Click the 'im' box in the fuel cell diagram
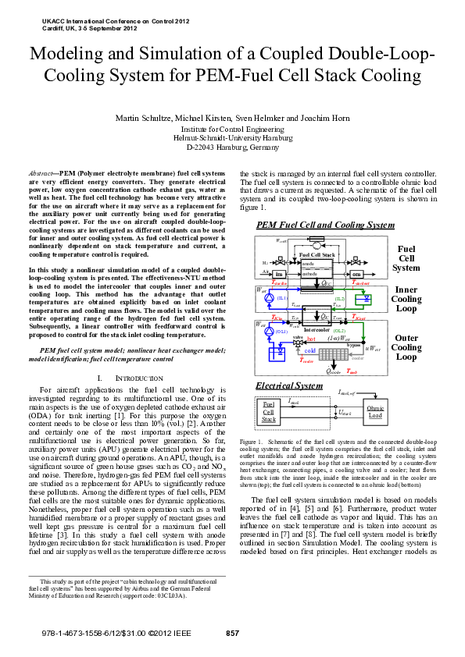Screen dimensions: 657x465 [x=279, y=275]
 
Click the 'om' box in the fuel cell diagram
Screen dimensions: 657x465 [x=356, y=275]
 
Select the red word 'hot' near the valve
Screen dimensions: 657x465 [x=289, y=339]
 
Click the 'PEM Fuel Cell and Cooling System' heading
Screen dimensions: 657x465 [x=325, y=225]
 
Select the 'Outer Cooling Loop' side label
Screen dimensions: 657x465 [x=406, y=348]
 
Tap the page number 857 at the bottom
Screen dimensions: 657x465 [x=232, y=633]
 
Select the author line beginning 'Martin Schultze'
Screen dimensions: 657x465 [x=232, y=119]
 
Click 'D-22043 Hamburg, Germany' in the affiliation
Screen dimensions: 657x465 [x=232, y=147]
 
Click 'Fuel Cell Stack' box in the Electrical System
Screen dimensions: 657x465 [x=269, y=411]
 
